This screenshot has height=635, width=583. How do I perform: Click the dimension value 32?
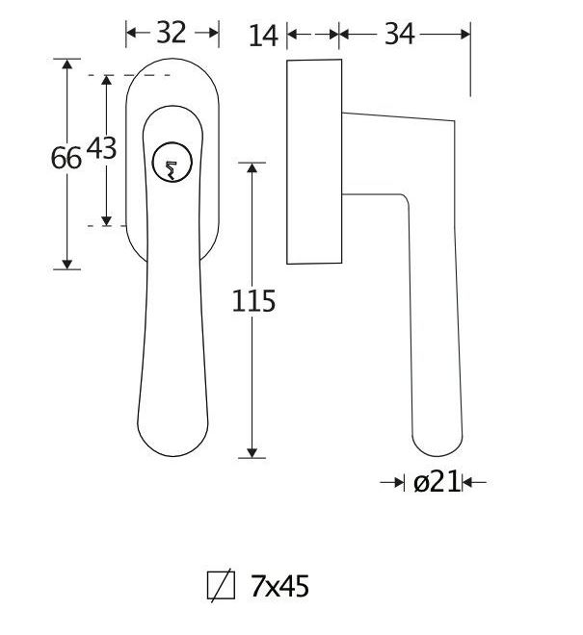click(171, 33)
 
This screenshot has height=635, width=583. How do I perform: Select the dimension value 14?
click(262, 36)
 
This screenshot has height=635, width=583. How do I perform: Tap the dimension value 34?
click(399, 35)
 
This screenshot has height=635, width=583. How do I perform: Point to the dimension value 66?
click(66, 158)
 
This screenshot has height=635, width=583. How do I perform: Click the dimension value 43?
click(101, 148)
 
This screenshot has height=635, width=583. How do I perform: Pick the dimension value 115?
click(253, 301)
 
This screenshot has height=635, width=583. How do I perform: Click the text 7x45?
click(279, 586)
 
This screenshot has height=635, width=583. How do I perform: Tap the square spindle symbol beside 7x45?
click(221, 586)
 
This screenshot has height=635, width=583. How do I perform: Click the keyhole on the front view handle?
click(170, 165)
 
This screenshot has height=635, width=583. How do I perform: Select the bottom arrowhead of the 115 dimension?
click(252, 451)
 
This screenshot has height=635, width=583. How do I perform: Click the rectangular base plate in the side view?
click(314, 161)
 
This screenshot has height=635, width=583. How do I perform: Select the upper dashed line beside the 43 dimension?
click(145, 75)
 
